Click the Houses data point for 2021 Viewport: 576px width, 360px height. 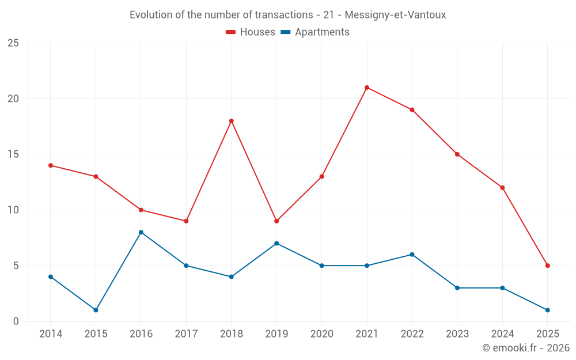pos(367,88)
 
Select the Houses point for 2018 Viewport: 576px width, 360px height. pos(231,121)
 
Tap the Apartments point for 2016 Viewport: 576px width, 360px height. pos(141,232)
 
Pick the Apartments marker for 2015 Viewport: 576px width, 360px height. pos(96,310)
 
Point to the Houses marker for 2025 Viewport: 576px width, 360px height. pos(547,266)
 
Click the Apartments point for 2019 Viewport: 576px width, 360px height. pos(276,243)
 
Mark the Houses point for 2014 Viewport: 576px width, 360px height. pos(51,165)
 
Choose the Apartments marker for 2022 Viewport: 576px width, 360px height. pos(412,255)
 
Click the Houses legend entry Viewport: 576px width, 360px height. pos(250,32)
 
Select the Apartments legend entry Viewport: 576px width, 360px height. pos(315,32)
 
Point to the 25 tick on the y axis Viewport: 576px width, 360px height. pos(13,43)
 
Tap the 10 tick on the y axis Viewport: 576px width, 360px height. pos(13,210)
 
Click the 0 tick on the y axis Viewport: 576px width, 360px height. pos(16,321)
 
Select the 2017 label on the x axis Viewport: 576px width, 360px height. pos(186,334)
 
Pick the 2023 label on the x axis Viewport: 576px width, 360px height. pos(457,334)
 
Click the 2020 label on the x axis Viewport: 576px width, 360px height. pos(321,334)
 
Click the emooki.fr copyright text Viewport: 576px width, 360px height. pos(525,348)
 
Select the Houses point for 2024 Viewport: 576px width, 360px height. pos(502,188)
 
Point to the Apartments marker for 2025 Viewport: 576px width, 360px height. pos(547,310)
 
